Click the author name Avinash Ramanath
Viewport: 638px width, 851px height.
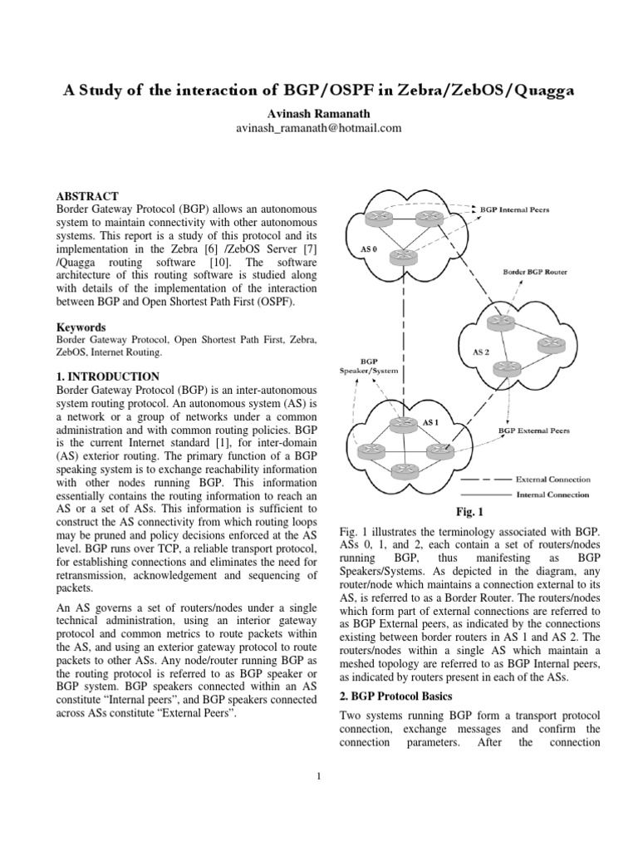coord(319,113)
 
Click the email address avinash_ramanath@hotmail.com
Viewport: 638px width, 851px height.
coord(319,128)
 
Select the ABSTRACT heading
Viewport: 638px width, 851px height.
coord(87,195)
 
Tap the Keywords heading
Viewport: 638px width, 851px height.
coord(81,327)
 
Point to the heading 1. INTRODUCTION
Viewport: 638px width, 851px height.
coord(107,376)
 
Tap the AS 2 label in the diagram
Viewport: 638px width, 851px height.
coord(482,352)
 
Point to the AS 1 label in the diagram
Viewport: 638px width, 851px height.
coord(430,422)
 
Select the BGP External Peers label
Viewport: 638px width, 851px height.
coord(533,431)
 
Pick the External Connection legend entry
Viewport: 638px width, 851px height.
coord(553,480)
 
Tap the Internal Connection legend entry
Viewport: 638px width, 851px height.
coord(553,494)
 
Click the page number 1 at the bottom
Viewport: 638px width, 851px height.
coord(319,776)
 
